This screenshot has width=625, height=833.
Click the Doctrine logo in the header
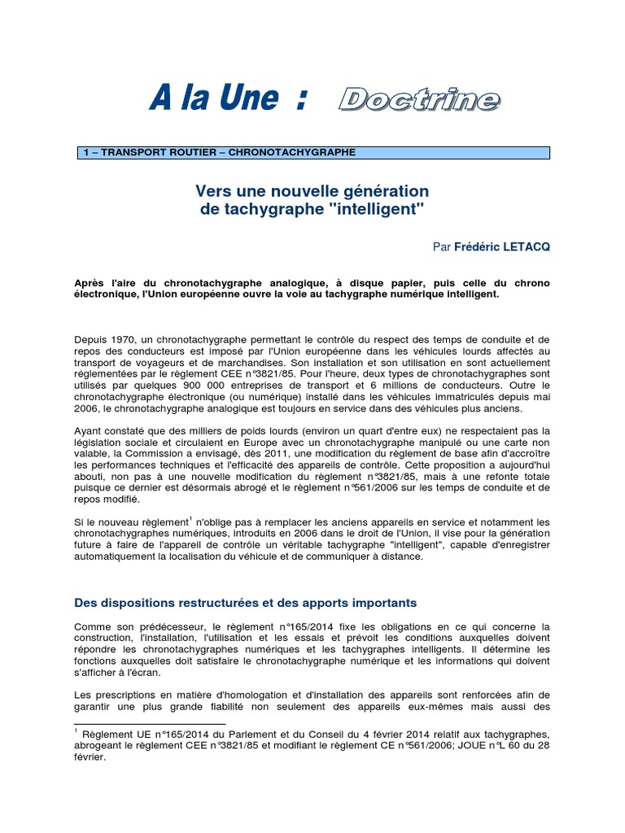tap(419, 99)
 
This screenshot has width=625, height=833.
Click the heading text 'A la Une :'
tap(229, 99)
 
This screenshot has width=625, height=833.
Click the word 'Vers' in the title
tap(212, 190)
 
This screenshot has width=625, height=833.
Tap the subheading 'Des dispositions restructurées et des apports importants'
tap(245, 603)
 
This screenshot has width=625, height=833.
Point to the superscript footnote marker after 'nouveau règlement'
tap(190, 517)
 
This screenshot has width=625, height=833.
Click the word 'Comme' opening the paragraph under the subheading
tap(92, 626)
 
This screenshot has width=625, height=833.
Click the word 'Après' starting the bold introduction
tap(90, 283)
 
